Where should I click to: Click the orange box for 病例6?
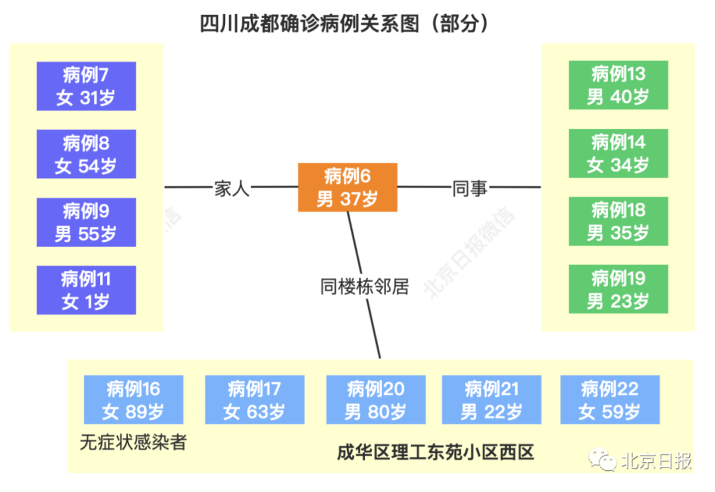tap(348, 187)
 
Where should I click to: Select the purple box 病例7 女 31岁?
tap(86, 86)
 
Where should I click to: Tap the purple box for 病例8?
tap(86, 154)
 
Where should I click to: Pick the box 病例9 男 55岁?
tap(86, 222)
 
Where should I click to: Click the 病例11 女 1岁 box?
tap(86, 290)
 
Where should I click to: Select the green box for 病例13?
tap(618, 85)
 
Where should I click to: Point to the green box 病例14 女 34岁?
tap(618, 154)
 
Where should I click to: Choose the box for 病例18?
tap(618, 222)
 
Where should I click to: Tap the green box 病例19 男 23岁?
tap(618, 290)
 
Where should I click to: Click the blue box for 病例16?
tap(134, 400)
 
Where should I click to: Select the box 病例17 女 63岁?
tap(255, 400)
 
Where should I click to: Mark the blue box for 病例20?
tap(376, 400)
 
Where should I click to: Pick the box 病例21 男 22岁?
tap(492, 400)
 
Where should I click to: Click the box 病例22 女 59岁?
tap(610, 400)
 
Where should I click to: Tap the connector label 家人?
tap(231, 188)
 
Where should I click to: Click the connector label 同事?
tap(470, 188)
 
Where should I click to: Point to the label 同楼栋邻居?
tap(364, 287)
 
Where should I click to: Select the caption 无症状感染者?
tap(133, 442)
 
